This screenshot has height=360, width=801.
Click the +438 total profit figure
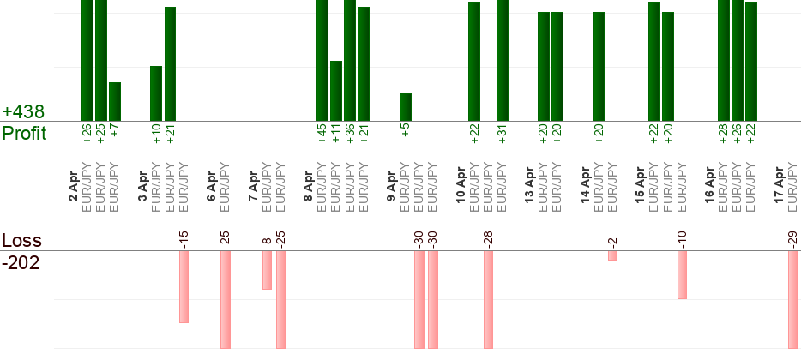(x=23, y=112)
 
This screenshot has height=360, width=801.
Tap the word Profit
(x=25, y=134)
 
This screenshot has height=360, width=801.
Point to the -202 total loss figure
(x=21, y=261)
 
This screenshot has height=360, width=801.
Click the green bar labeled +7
(x=115, y=101)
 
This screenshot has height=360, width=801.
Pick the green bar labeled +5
(x=406, y=107)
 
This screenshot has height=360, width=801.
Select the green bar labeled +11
(x=336, y=91)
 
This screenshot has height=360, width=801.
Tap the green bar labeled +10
(x=156, y=93)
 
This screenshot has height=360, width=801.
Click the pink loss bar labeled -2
(x=612, y=255)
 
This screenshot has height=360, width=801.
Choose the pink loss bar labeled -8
(x=267, y=270)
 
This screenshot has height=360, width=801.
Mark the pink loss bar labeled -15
(x=184, y=286)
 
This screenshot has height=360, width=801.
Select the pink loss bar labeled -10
(x=682, y=274)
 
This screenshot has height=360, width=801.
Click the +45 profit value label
(x=322, y=135)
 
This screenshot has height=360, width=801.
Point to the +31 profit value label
(x=503, y=135)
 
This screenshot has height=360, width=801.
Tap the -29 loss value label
(x=792, y=237)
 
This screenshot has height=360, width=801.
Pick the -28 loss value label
(x=488, y=237)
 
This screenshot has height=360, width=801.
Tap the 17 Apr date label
(x=779, y=185)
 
